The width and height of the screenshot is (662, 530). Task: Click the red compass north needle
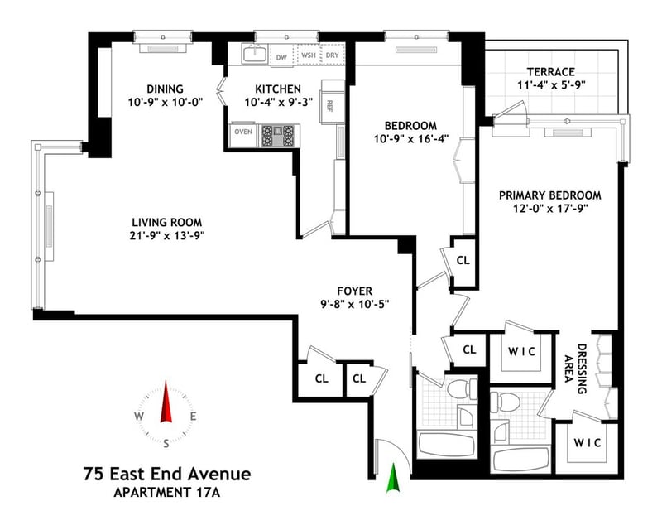pyautogui.click(x=166, y=402)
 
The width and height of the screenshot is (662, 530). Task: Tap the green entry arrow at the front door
pyautogui.click(x=393, y=478)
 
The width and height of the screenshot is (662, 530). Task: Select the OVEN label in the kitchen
pyautogui.click(x=243, y=132)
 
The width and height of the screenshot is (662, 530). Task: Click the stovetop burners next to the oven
pyautogui.click(x=277, y=136)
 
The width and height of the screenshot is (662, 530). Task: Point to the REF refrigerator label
pyautogui.click(x=329, y=106)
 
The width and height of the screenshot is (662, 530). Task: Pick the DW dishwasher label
pyautogui.click(x=281, y=57)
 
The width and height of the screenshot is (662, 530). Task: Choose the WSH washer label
pyautogui.click(x=309, y=55)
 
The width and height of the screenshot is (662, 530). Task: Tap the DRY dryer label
pyautogui.click(x=333, y=55)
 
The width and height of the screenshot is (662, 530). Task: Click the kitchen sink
pyautogui.click(x=255, y=54)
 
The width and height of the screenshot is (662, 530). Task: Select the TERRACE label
pyautogui.click(x=551, y=72)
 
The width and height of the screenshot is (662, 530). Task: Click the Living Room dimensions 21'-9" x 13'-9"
pyautogui.click(x=167, y=235)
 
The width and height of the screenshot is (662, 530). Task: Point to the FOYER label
pyautogui.click(x=355, y=291)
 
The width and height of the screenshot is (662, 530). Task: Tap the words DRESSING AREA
pyautogui.click(x=576, y=369)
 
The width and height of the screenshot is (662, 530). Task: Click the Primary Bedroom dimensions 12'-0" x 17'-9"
pyautogui.click(x=550, y=209)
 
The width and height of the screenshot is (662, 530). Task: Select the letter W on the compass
pyautogui.click(x=139, y=417)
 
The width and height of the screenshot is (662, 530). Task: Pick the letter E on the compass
pyautogui.click(x=193, y=417)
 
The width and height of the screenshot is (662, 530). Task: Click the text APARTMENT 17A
pyautogui.click(x=167, y=493)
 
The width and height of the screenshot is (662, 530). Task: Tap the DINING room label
pyautogui.click(x=165, y=89)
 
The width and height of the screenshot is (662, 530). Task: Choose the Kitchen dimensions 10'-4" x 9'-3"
pyautogui.click(x=279, y=103)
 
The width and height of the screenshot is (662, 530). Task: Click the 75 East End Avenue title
pyautogui.click(x=167, y=474)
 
